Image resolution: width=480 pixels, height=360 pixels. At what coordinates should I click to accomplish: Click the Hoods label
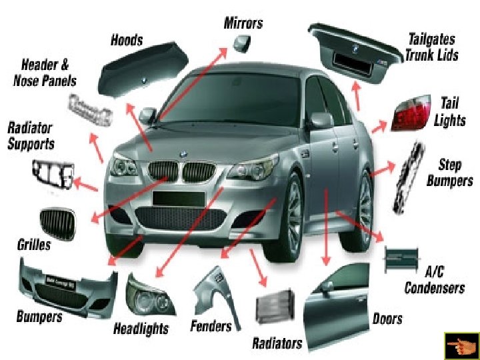[126, 39]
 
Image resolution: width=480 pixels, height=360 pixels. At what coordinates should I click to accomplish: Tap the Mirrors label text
[243, 23]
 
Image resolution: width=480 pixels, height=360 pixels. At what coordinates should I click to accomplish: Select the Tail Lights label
[449, 111]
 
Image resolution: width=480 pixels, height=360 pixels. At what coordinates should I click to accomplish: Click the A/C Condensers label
[435, 280]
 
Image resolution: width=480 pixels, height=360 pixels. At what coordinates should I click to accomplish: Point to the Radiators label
[277, 343]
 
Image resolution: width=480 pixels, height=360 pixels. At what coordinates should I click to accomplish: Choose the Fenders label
[211, 326]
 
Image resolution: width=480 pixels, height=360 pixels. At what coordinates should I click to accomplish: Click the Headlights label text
[141, 328]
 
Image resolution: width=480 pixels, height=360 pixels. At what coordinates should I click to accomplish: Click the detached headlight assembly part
[148, 296]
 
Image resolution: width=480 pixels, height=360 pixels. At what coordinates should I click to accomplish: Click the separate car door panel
[336, 299]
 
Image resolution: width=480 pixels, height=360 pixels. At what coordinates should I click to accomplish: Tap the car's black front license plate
[177, 198]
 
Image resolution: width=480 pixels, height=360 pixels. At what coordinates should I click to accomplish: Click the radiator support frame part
[51, 175]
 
